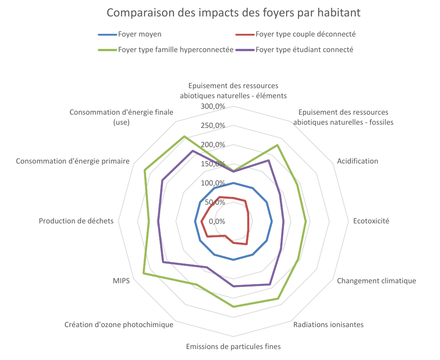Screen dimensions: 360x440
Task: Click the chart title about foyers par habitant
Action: pyautogui.click(x=233, y=12)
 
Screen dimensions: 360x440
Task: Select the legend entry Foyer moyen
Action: pyautogui.click(x=139, y=34)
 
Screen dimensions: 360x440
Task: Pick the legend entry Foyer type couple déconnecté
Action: pyautogui.click(x=305, y=34)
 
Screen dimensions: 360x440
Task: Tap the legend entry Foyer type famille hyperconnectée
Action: pyautogui.click(x=176, y=50)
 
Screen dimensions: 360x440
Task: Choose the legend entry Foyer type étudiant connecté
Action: pyautogui.click(x=304, y=50)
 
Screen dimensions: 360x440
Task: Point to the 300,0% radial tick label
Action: pyautogui.click(x=214, y=106)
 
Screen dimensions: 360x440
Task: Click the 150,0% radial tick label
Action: pyautogui.click(x=214, y=164)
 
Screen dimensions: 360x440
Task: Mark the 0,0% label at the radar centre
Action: pyautogui.click(x=217, y=222)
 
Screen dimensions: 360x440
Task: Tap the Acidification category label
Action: pyautogui.click(x=357, y=161)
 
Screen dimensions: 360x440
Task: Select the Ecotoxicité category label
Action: pyautogui.click(x=371, y=221)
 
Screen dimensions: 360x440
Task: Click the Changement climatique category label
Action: pyautogui.click(x=376, y=281)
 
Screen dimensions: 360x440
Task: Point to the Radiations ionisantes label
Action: pyautogui.click(x=328, y=325)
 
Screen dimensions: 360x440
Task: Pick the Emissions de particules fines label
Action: pyautogui.click(x=233, y=346)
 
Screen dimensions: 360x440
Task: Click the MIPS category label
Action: pyautogui.click(x=121, y=281)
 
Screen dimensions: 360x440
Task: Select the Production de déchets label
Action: pyautogui.click(x=76, y=221)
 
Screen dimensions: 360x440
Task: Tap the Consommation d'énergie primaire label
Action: pyautogui.click(x=73, y=161)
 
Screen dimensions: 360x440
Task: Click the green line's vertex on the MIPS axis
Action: pyautogui.click(x=143, y=273)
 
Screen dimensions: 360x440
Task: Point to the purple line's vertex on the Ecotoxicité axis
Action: pyautogui.click(x=283, y=222)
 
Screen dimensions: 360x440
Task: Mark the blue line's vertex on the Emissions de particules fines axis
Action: pyautogui.click(x=233, y=260)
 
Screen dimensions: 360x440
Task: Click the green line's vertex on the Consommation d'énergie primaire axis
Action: pyautogui.click(x=145, y=170)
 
